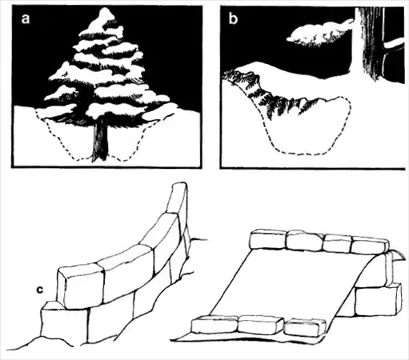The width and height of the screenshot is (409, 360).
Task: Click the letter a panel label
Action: pyautogui.click(x=26, y=19)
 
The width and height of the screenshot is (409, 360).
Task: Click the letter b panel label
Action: pyautogui.click(x=233, y=18)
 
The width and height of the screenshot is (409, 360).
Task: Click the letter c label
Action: pyautogui.click(x=40, y=290)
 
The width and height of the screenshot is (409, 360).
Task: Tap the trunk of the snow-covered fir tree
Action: pyautogui.click(x=100, y=138)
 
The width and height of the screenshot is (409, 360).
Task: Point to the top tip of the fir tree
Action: pyautogui.click(x=105, y=8)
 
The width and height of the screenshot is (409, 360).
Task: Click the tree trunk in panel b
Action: pyautogui.click(x=370, y=42)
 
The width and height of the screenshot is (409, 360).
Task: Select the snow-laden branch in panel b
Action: pyautogui.click(x=320, y=34)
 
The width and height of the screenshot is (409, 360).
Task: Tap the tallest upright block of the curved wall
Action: pyautogui.click(x=177, y=198)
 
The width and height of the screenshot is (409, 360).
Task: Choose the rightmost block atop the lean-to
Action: pyautogui.click(x=370, y=245)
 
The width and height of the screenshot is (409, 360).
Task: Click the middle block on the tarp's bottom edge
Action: pyautogui.click(x=260, y=325)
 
